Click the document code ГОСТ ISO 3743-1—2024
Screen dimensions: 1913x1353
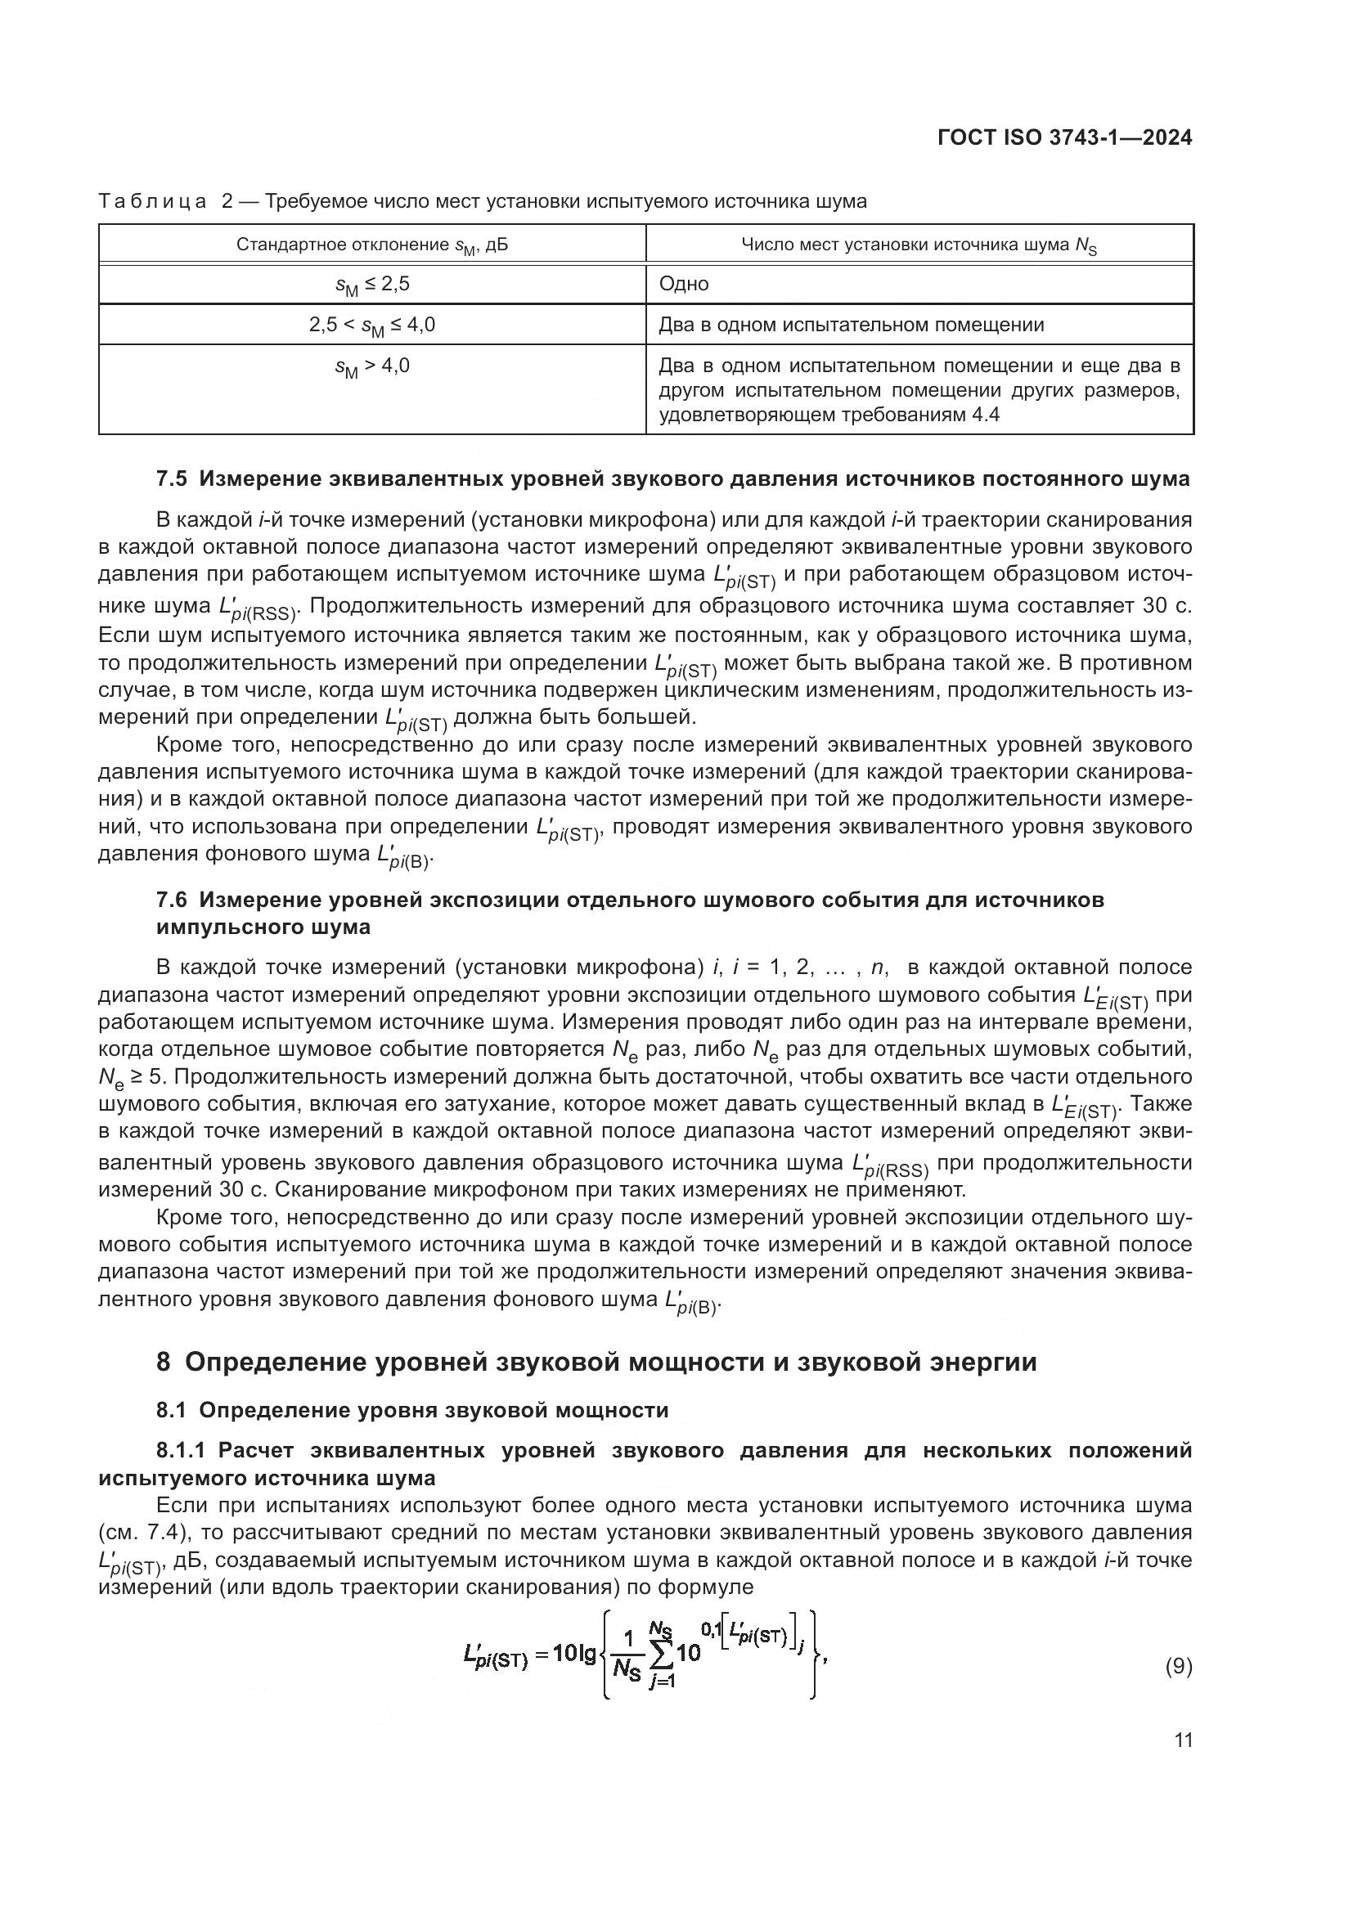click(x=1065, y=138)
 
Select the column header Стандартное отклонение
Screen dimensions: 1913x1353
click(x=371, y=245)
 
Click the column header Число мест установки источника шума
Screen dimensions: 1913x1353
click(x=919, y=245)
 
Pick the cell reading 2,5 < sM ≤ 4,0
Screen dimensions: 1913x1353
click(x=371, y=325)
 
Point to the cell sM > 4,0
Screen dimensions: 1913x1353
click(x=371, y=366)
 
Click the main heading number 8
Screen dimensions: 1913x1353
click(x=164, y=1363)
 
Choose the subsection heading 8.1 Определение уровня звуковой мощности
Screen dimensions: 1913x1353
click(x=412, y=1410)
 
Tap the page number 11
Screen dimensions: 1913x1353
click(x=1183, y=1740)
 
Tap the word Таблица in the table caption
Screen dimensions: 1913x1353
click(x=151, y=202)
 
